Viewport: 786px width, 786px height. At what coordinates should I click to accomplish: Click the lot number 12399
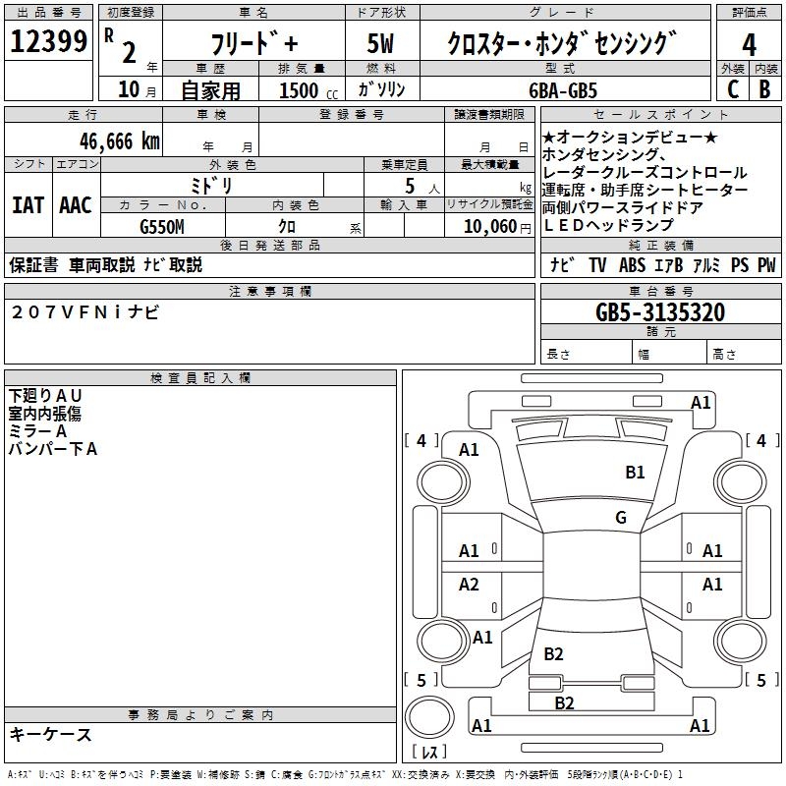(49, 43)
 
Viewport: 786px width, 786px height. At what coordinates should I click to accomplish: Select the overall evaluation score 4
(749, 44)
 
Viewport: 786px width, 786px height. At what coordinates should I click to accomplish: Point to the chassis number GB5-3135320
(660, 312)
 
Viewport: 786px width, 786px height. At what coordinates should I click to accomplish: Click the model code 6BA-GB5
(563, 89)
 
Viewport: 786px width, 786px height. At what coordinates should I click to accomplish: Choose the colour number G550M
(162, 225)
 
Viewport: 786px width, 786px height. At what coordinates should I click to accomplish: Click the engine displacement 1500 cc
(306, 90)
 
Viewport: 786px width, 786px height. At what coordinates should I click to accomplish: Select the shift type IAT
(28, 205)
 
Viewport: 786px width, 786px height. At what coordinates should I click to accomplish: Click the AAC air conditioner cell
(75, 205)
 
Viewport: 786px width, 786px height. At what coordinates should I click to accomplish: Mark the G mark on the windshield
(620, 518)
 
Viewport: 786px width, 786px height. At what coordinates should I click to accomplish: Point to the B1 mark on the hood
(635, 473)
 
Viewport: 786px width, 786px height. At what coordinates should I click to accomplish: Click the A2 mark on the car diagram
(469, 585)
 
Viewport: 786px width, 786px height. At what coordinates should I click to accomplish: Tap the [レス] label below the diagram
(429, 753)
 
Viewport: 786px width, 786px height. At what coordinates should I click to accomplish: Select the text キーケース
(51, 735)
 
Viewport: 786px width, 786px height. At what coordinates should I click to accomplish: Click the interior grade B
(764, 88)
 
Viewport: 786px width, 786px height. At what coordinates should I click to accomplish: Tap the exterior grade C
(732, 88)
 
